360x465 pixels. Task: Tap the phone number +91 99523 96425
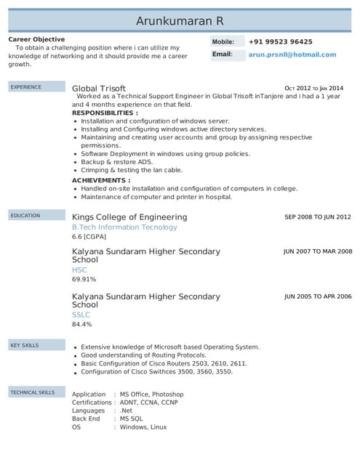pyautogui.click(x=280, y=42)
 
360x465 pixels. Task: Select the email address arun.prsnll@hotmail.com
pyautogui.click(x=292, y=54)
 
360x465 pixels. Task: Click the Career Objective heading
pyautogui.click(x=36, y=39)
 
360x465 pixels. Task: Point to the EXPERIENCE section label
pyautogui.click(x=25, y=87)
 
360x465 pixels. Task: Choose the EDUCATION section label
pyautogui.click(x=25, y=216)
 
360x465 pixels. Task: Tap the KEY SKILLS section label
pyautogui.click(x=25, y=345)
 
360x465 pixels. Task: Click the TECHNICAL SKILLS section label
pyautogui.click(x=32, y=392)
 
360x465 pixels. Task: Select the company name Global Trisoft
pyautogui.click(x=98, y=88)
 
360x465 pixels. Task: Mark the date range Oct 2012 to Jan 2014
pyautogui.click(x=313, y=87)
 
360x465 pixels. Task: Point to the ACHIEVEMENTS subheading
pyautogui.click(x=101, y=180)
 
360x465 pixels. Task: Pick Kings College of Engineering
pyautogui.click(x=129, y=217)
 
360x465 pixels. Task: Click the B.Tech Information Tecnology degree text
pyautogui.click(x=124, y=227)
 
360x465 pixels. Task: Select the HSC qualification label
pyautogui.click(x=79, y=270)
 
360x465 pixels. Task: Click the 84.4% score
pyautogui.click(x=82, y=324)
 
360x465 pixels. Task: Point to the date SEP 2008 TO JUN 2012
pyautogui.click(x=318, y=217)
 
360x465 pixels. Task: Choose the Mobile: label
pyautogui.click(x=223, y=42)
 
